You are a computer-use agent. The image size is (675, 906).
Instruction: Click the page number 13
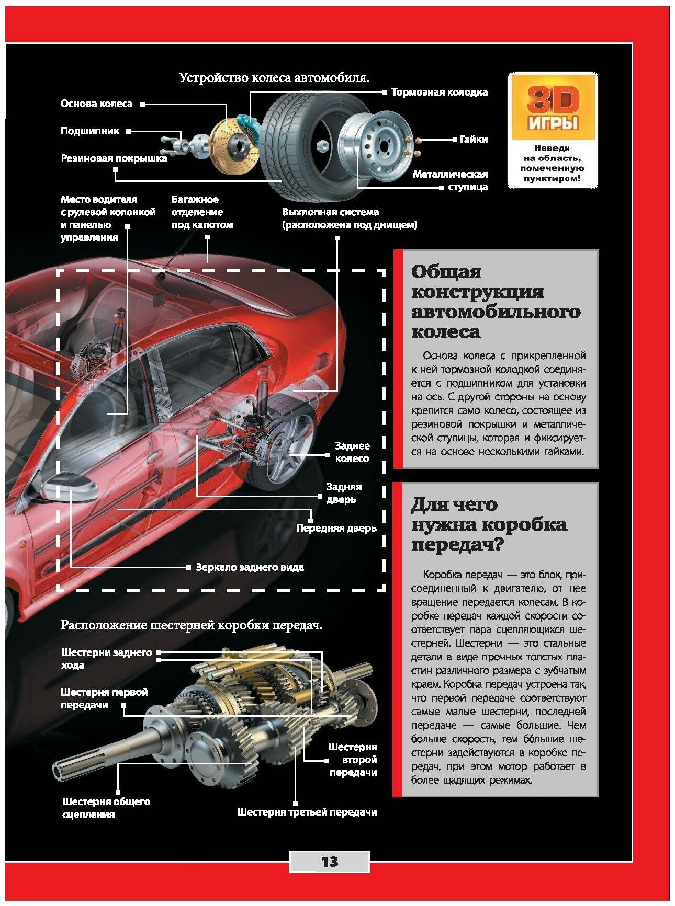click(330, 861)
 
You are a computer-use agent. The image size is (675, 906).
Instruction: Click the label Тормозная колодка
click(439, 92)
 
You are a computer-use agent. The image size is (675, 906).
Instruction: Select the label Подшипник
click(90, 131)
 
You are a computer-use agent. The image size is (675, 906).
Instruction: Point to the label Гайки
click(474, 139)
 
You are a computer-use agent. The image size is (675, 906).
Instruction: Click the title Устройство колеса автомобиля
click(274, 78)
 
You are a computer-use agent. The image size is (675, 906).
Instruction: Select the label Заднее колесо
click(352, 452)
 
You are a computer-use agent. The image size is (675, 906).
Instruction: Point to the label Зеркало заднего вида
click(250, 567)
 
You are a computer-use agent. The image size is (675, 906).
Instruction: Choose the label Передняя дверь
click(336, 528)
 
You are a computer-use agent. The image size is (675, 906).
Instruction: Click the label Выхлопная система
click(349, 219)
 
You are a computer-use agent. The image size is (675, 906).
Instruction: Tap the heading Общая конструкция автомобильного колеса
click(496, 301)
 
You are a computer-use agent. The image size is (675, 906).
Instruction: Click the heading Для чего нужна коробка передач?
click(489, 524)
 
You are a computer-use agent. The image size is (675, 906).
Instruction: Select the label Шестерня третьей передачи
click(307, 812)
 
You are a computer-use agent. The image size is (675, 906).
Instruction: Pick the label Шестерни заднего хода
click(106, 658)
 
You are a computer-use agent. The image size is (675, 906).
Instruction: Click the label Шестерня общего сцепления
click(106, 807)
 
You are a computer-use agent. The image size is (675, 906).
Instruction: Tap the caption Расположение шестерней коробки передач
click(192, 625)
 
